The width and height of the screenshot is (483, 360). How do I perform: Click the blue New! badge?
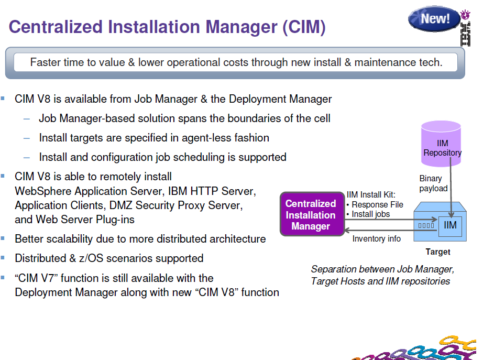click(x=434, y=19)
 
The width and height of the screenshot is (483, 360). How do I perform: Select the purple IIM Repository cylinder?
click(x=441, y=144)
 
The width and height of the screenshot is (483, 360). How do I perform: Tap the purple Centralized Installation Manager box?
click(x=312, y=214)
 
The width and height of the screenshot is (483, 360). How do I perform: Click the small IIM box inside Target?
click(x=450, y=226)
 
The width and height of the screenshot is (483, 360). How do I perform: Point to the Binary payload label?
click(x=433, y=183)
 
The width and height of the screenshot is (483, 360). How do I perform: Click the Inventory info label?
click(x=377, y=239)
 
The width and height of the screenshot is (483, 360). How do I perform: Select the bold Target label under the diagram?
click(x=438, y=252)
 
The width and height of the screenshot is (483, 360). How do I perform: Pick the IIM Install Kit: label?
click(x=371, y=195)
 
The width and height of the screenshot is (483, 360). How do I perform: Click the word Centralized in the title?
click(x=56, y=27)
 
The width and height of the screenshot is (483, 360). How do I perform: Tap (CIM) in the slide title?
click(x=304, y=27)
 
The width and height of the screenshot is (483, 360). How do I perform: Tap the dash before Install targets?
click(x=27, y=138)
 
